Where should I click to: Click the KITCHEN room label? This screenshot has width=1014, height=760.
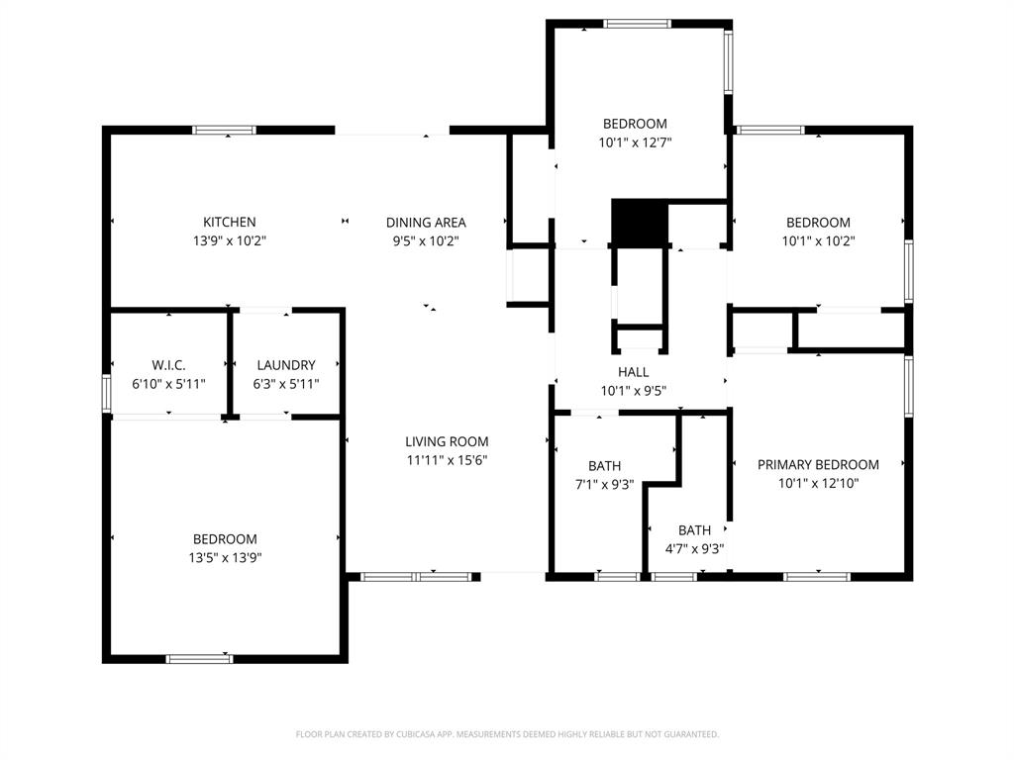[x=230, y=223]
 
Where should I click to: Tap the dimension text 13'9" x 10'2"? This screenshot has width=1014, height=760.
[x=230, y=240]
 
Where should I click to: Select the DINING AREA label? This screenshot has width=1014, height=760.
[x=426, y=223]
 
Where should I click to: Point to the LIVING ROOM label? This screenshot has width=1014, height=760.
[x=447, y=442]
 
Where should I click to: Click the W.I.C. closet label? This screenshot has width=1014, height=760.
[x=168, y=365]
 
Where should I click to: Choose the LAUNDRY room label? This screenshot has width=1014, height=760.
[x=286, y=365]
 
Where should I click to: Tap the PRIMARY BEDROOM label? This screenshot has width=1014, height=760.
[x=818, y=465]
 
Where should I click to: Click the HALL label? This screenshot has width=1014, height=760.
[x=634, y=372]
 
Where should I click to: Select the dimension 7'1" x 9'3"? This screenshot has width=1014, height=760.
[x=604, y=484]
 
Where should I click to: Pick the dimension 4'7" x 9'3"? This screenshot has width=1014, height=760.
[x=694, y=548]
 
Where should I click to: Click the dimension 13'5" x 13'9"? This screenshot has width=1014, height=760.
[x=225, y=557]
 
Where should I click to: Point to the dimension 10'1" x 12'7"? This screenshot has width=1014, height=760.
[x=635, y=142]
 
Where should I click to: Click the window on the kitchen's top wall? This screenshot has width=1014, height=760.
[x=224, y=130]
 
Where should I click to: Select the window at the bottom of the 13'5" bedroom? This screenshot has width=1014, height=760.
[x=199, y=659]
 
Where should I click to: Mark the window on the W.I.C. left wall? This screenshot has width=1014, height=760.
[x=106, y=392]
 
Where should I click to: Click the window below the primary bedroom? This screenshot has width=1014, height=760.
[x=817, y=576]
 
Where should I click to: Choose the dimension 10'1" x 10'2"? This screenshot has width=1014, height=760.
[x=818, y=240]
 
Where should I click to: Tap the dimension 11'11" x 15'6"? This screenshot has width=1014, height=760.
[x=447, y=460]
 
